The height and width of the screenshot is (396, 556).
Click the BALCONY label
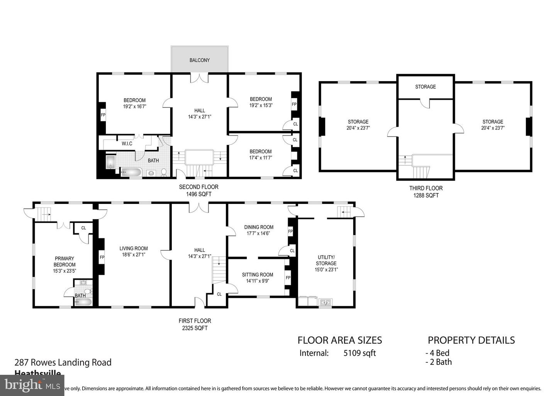(x=200, y=60)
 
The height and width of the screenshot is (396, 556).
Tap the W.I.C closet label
(x=127, y=144)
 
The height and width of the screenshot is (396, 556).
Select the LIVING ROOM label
(x=134, y=248)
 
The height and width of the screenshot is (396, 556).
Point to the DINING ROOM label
(x=259, y=227)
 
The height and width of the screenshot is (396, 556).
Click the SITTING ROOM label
(x=258, y=275)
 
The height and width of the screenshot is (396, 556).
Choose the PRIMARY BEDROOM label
(x=64, y=262)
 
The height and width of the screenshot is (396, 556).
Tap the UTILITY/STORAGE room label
(x=326, y=260)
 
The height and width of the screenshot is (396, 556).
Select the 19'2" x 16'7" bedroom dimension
(x=135, y=106)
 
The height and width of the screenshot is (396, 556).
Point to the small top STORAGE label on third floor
(x=425, y=87)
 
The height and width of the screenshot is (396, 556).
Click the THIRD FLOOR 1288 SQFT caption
(x=426, y=192)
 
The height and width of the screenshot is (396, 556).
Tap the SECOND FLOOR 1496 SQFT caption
(x=198, y=190)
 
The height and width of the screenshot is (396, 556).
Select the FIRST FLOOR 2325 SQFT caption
(x=195, y=324)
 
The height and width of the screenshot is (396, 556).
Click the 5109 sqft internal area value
(x=359, y=353)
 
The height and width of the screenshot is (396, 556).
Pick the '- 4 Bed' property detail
(x=437, y=353)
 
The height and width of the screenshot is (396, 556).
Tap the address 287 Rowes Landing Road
(x=63, y=362)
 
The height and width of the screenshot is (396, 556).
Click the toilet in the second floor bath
(x=164, y=172)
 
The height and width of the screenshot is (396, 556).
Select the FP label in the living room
(x=102, y=257)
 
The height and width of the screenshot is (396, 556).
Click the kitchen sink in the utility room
(x=325, y=302)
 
